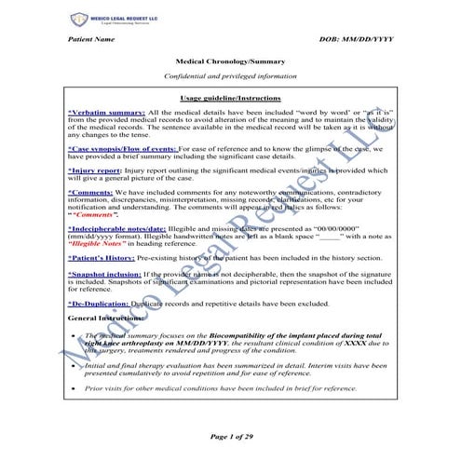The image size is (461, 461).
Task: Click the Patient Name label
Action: (x=92, y=41)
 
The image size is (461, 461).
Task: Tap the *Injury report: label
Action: (x=94, y=170)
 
